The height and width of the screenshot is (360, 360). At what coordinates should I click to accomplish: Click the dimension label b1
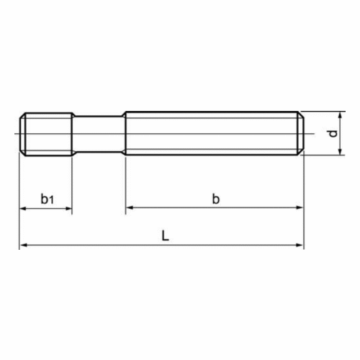click(47, 199)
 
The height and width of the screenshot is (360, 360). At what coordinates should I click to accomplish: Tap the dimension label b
click(216, 199)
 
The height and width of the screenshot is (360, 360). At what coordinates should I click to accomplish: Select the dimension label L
click(166, 235)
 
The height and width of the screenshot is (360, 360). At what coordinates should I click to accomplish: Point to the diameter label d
click(333, 133)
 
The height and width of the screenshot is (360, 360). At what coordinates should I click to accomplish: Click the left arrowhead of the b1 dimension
click(22, 209)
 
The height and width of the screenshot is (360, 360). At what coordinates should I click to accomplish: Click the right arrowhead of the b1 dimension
click(68, 209)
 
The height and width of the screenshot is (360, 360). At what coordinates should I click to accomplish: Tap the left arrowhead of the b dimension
click(129, 207)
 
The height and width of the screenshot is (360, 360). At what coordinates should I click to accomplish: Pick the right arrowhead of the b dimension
click(300, 207)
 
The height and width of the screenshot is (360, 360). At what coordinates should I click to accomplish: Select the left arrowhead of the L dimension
click(23, 245)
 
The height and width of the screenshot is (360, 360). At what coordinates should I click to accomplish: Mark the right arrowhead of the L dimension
click(300, 245)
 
